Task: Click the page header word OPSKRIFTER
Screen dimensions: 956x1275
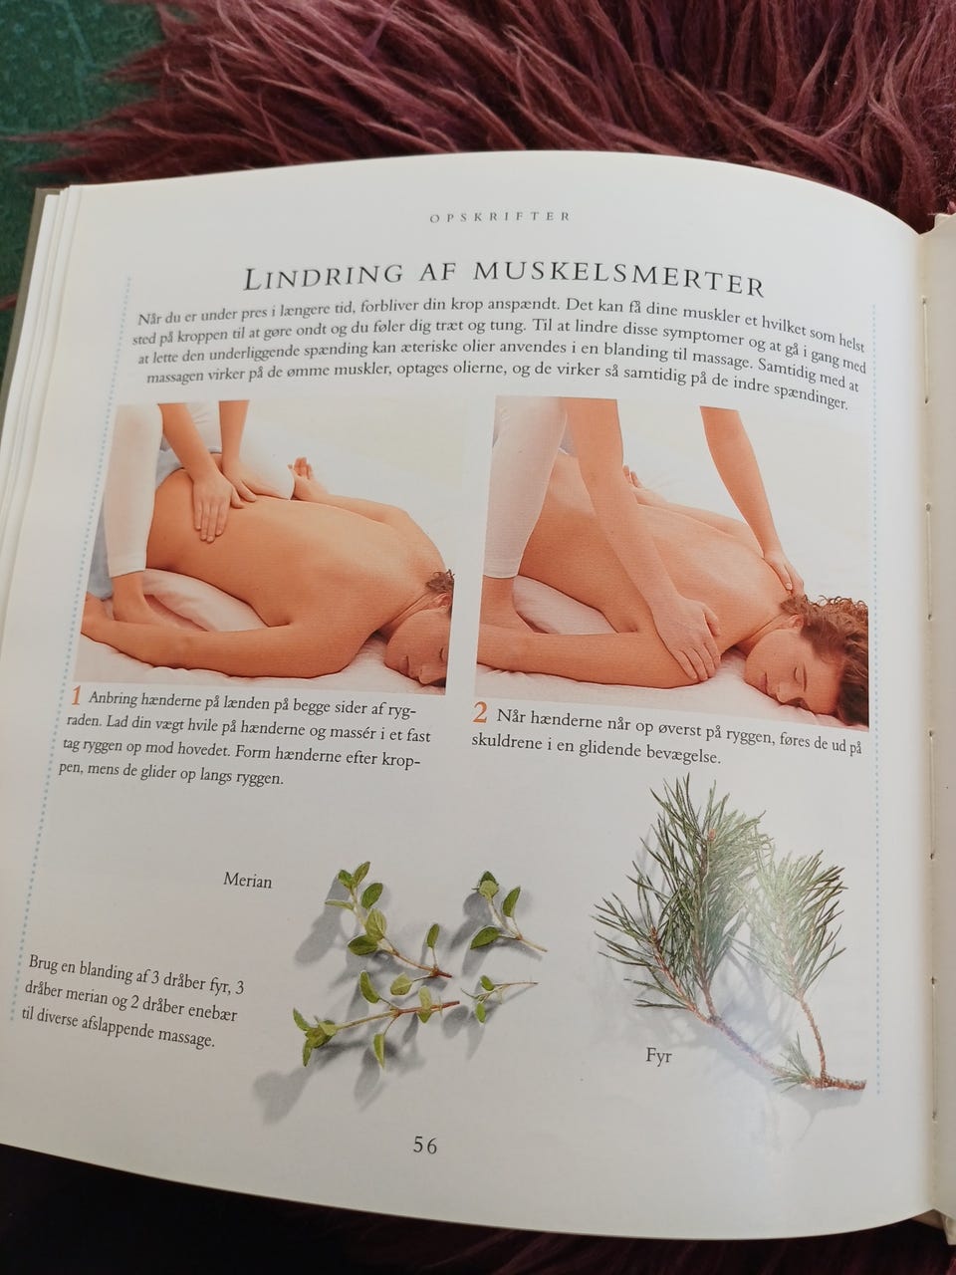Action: pyautogui.click(x=500, y=217)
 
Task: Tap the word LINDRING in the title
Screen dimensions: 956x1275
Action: pyautogui.click(x=323, y=277)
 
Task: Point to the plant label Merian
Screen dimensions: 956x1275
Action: pyautogui.click(x=248, y=881)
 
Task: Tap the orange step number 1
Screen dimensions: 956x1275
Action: pyautogui.click(x=76, y=695)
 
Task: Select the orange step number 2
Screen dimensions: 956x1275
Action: pyautogui.click(x=479, y=713)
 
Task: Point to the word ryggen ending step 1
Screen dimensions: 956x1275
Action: pyautogui.click(x=258, y=781)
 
